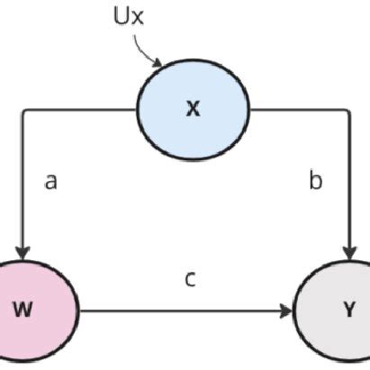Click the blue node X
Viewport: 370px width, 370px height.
tap(192, 109)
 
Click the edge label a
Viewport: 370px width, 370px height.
tap(51, 182)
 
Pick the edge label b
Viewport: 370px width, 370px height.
tap(315, 182)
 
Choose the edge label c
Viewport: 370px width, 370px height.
tap(190, 279)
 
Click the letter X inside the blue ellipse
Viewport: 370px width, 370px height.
tap(192, 110)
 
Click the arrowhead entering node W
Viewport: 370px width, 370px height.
tap(22, 251)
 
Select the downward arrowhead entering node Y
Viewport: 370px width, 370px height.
tap(347, 251)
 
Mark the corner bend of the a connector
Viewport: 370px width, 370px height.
tap(23, 110)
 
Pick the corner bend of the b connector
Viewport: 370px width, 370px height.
tap(347, 110)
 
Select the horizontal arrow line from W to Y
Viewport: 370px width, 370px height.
tap(180, 311)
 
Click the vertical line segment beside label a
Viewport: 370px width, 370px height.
tap(22, 180)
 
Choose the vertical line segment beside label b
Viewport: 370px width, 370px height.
tap(347, 180)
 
